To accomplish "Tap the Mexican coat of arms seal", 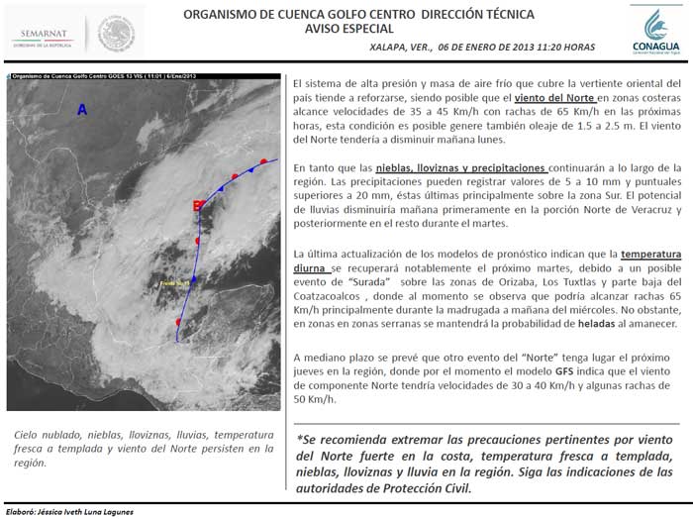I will [117, 34].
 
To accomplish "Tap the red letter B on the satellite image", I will [196, 233].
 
